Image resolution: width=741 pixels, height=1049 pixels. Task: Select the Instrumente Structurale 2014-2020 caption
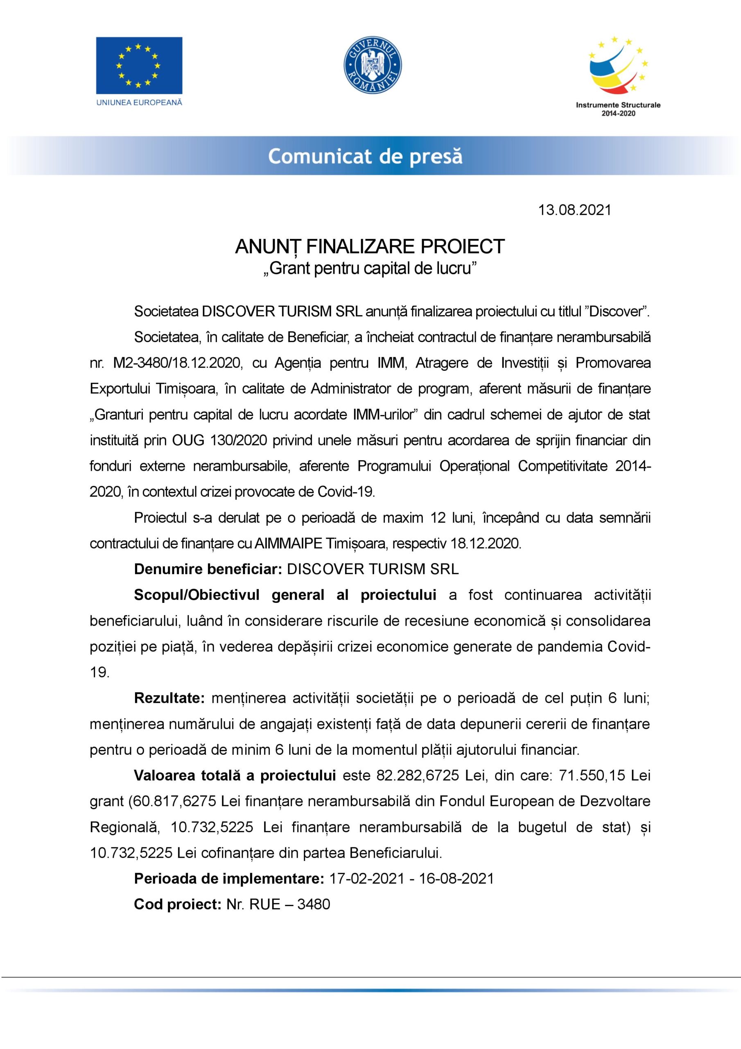click(618, 109)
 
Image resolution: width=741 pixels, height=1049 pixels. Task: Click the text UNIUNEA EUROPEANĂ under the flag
click(139, 102)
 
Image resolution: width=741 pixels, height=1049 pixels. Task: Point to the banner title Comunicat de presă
click(365, 156)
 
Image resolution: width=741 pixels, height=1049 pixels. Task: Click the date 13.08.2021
click(574, 210)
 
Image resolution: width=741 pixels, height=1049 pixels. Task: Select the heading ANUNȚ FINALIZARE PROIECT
click(370, 247)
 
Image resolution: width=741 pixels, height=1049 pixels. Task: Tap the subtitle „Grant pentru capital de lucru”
click(370, 268)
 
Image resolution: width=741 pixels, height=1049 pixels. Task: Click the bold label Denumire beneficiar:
click(207, 569)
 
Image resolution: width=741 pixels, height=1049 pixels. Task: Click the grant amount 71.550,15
click(592, 776)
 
